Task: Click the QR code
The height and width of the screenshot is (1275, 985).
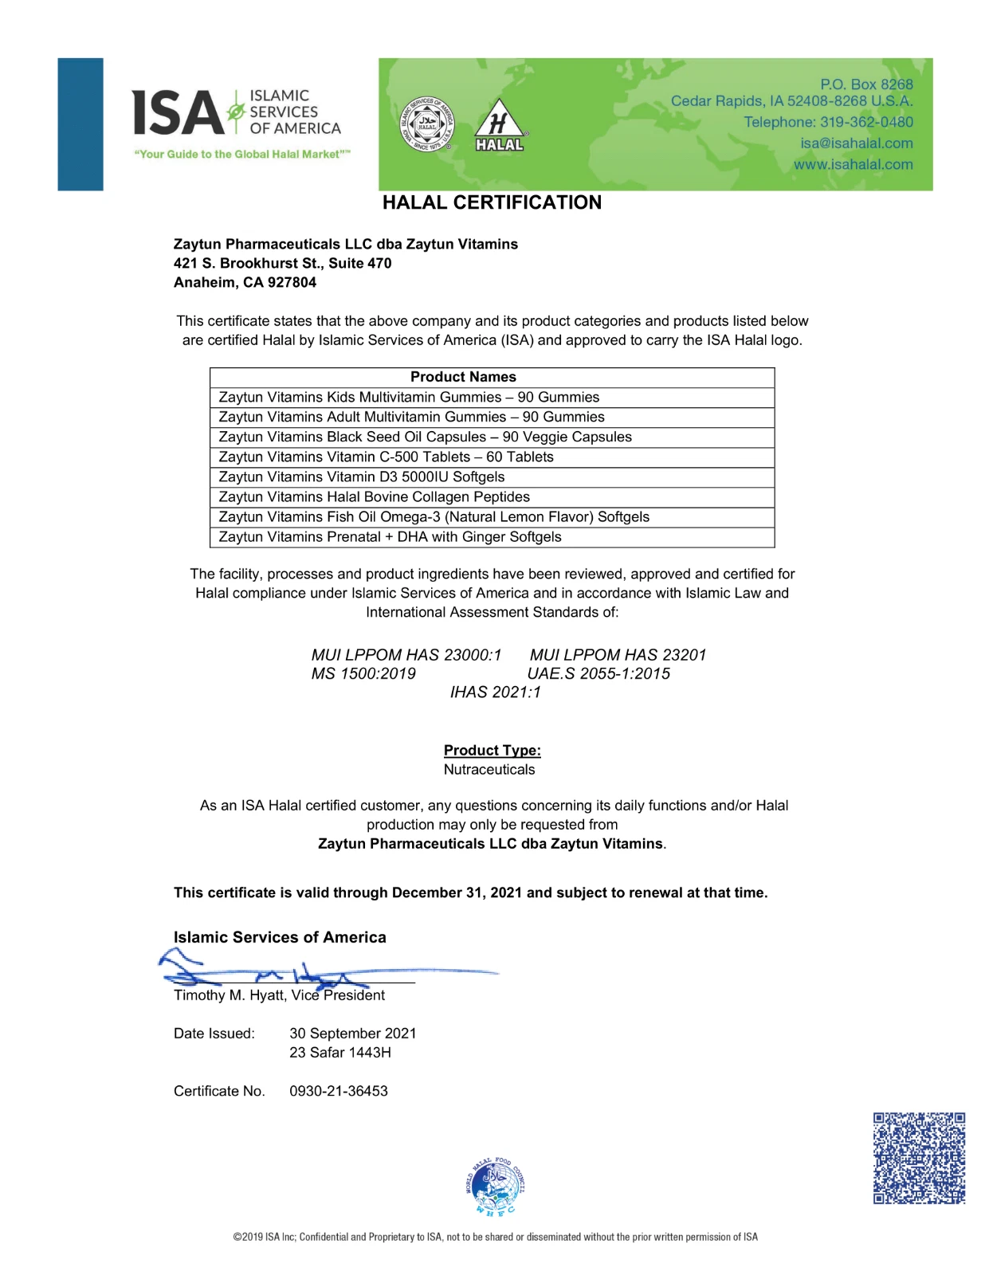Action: [919, 1158]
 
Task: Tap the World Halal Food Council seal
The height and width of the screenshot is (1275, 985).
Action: [495, 1187]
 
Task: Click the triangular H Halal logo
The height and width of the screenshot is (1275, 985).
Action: [500, 126]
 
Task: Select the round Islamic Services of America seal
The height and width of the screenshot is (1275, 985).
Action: [427, 124]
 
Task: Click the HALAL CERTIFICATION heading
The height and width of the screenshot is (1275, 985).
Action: [492, 202]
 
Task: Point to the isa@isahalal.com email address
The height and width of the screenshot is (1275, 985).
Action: [857, 143]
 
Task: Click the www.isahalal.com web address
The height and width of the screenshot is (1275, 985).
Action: [853, 164]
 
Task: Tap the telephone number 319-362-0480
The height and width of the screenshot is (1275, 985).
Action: [866, 122]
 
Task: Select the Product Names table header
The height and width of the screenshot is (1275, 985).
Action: [463, 377]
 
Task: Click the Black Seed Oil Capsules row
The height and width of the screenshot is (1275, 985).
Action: [425, 437]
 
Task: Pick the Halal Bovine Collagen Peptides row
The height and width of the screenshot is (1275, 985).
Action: [374, 496]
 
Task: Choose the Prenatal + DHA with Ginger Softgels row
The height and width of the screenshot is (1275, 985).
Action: [390, 536]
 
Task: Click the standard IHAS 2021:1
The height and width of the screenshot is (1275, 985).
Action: [495, 692]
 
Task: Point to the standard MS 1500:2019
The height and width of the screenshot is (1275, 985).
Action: [363, 673]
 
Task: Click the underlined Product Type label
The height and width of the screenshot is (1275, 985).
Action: [492, 750]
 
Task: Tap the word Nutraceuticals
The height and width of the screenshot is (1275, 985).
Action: [489, 769]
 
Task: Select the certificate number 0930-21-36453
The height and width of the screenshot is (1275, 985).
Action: [339, 1091]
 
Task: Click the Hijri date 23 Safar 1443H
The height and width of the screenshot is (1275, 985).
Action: [340, 1052]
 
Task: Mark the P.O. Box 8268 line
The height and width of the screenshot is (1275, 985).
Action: [866, 84]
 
